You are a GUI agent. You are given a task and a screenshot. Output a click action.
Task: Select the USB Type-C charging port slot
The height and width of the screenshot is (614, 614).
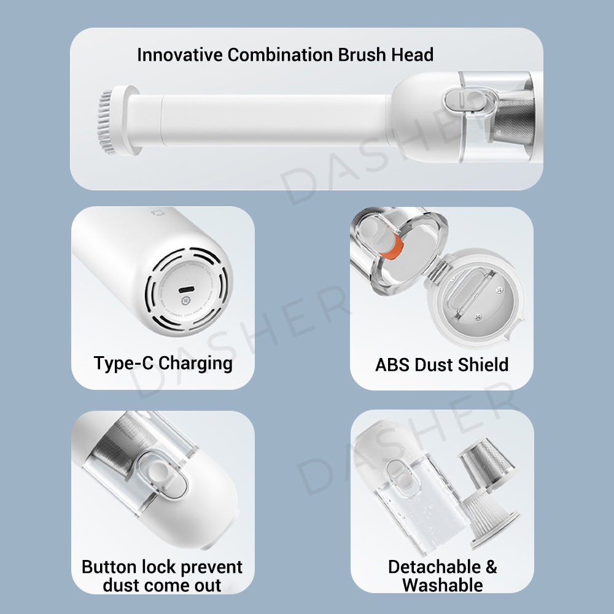coord(187,290)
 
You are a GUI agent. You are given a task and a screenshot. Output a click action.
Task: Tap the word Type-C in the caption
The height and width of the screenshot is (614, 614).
coord(123,363)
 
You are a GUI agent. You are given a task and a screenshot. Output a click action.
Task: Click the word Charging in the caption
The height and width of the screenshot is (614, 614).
coord(195,363)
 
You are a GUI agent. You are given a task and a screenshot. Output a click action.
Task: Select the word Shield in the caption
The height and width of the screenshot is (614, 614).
coord(483,365)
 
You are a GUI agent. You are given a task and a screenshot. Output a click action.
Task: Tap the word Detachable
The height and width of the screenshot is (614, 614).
coord(434,567)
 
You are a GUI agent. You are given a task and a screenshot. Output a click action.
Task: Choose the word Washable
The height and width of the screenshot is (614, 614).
coord(443,585)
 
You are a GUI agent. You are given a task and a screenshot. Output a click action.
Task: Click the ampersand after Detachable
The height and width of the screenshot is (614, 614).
coord(491,567)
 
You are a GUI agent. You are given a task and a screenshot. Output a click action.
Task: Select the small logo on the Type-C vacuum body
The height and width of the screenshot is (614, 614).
coord(158,213)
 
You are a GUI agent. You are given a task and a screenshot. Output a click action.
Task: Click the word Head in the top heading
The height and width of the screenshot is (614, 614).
coord(413,55)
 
